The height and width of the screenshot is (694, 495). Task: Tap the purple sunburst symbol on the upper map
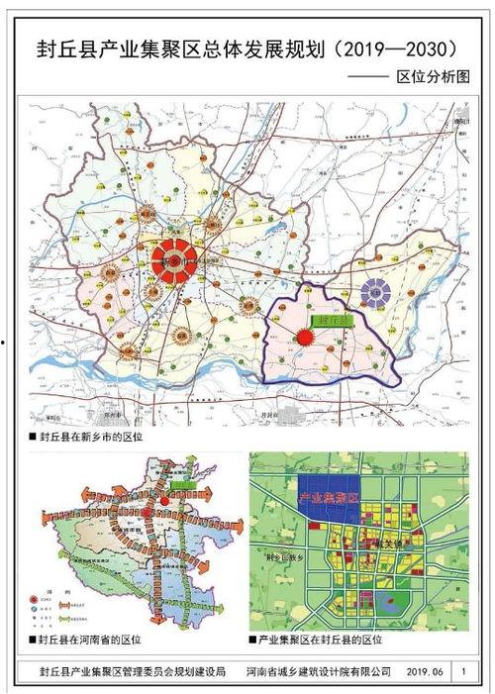pos(374,291)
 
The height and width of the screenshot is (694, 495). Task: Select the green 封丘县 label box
pos(326,322)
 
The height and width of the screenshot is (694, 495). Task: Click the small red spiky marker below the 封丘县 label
pos(307,337)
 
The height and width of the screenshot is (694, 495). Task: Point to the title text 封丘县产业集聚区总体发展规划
pos(172,49)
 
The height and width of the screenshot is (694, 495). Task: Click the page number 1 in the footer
pos(463,671)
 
